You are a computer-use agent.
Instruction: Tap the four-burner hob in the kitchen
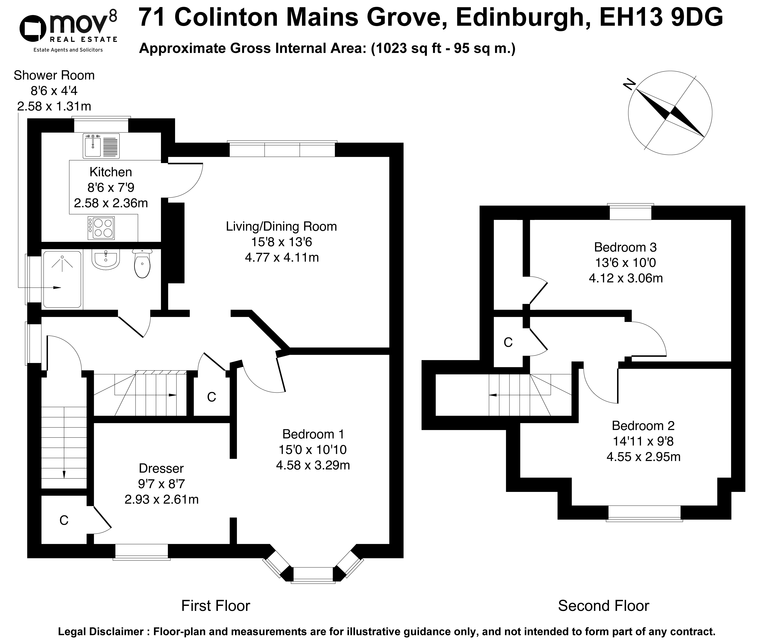coord(101,228)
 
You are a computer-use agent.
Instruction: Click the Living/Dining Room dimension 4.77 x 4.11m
coord(282,257)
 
